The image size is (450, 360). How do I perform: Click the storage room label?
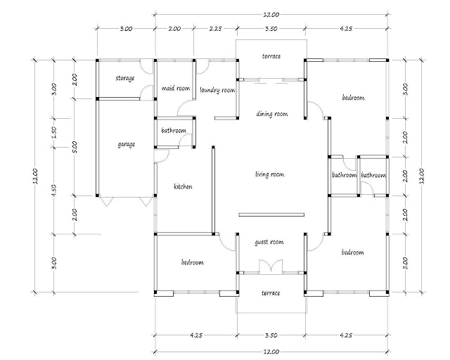coord(125,78)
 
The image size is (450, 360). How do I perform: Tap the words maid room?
coord(176,88)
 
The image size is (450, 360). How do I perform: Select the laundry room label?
coord(217,91)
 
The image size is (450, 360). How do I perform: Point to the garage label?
coord(127,144)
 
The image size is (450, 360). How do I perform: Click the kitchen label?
coord(183,186)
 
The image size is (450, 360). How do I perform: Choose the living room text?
coord(270,174)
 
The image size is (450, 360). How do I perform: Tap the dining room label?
coord(272,114)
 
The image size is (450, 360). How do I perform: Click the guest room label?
coord(269,243)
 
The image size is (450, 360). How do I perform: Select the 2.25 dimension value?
coord(215,28)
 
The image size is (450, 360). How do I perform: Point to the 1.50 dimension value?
coord(55,132)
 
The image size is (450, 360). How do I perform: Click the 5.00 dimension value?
coord(75,147)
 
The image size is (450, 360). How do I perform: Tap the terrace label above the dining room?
coord(271,56)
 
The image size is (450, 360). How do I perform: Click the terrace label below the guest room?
coord(271,293)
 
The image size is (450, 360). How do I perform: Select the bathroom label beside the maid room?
coord(174,131)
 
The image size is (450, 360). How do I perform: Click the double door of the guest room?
coord(271,266)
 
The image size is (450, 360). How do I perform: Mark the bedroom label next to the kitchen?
coord(192,262)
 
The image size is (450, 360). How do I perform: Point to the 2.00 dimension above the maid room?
coord(174,28)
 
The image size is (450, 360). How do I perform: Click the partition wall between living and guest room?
coord(271,214)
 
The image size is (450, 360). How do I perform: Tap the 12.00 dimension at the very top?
coord(271,14)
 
